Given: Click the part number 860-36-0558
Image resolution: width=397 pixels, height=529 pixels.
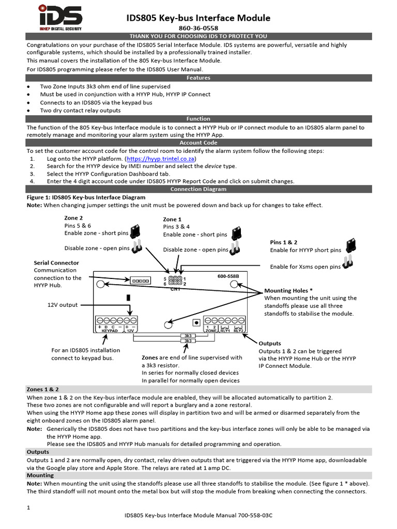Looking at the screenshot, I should coord(198,28).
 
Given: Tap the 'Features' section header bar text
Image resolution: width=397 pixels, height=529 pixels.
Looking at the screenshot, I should coord(198,77).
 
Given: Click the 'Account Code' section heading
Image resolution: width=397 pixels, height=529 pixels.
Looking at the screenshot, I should coord(198,143).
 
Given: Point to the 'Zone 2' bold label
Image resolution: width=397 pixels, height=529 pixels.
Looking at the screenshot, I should coord(73,218).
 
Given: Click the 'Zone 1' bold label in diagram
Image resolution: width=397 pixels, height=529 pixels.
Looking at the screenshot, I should coord(172,220).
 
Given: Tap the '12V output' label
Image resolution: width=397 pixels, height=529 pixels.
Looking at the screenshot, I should coord(63,305).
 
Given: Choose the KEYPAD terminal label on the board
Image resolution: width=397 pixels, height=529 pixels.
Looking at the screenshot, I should coord(110,331).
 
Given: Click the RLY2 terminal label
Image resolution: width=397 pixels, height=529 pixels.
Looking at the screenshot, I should coord(238,331).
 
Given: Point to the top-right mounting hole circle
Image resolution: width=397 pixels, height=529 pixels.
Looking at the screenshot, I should coord(234,284).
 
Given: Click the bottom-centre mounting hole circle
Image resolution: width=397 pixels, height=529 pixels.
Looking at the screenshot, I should coord(168,324).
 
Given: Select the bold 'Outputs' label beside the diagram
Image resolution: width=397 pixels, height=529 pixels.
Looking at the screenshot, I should coord(270,344).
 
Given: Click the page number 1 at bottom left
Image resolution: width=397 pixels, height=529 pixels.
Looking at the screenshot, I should coord(28,508).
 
